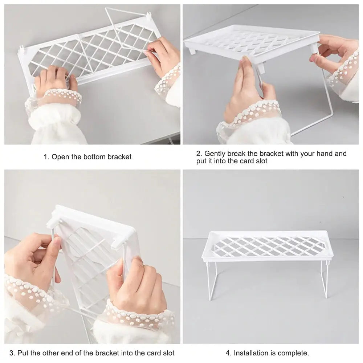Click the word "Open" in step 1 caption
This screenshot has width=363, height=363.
(60, 157)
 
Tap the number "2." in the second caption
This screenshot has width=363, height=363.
(199, 154)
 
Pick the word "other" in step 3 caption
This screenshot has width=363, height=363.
(52, 353)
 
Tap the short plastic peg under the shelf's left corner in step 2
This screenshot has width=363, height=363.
(192, 52)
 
